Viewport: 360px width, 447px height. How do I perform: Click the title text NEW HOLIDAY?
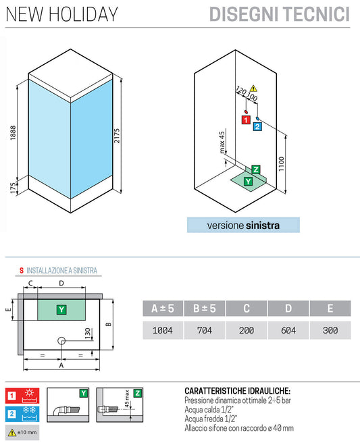tap(61, 14)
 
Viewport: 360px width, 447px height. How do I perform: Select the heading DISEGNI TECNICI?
tap(280, 14)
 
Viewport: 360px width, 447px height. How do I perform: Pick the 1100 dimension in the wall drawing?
tap(290, 163)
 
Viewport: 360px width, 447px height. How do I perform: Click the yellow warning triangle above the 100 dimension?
tap(254, 88)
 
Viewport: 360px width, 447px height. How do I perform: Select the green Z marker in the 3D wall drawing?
tap(255, 169)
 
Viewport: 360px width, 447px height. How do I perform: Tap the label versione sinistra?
tap(243, 225)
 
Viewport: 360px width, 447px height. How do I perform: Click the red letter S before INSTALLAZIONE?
tap(21, 271)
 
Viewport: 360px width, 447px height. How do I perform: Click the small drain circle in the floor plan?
tap(61, 341)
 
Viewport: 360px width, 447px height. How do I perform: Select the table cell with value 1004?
tap(163, 330)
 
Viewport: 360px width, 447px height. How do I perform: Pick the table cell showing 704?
tap(205, 330)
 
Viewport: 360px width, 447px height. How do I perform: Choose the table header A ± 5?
tap(163, 309)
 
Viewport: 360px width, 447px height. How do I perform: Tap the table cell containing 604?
tap(288, 330)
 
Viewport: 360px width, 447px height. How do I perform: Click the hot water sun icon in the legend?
tap(30, 395)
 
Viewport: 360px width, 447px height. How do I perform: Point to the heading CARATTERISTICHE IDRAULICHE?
tap(237, 391)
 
